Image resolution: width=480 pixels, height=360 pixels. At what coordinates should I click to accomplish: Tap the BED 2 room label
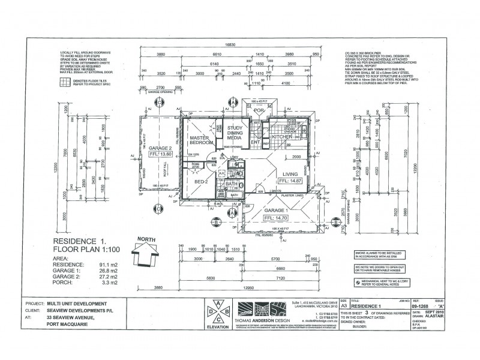pyautogui.click(x=201, y=181)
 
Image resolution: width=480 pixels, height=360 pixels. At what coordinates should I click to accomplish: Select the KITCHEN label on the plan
pyautogui.click(x=281, y=137)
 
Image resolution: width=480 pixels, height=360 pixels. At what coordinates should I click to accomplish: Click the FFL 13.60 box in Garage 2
pyautogui.click(x=161, y=154)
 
